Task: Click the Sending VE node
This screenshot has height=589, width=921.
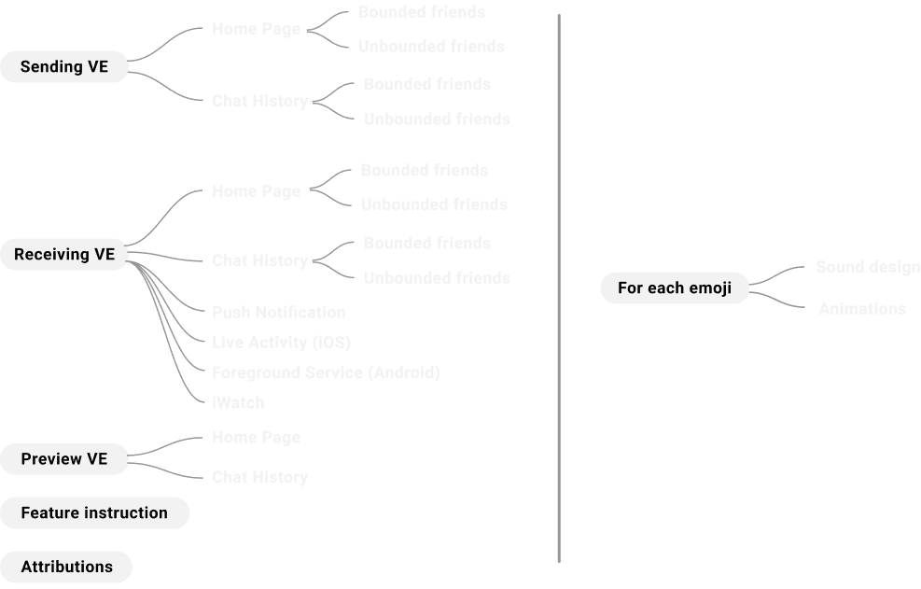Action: (63, 67)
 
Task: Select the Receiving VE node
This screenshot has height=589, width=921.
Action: (63, 255)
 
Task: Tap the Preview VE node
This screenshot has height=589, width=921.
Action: (63, 459)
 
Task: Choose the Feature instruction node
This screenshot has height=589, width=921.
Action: (94, 513)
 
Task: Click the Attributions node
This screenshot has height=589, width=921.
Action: (66, 567)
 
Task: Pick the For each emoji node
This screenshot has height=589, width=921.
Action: (674, 288)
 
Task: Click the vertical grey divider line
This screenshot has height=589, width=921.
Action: (559, 280)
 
